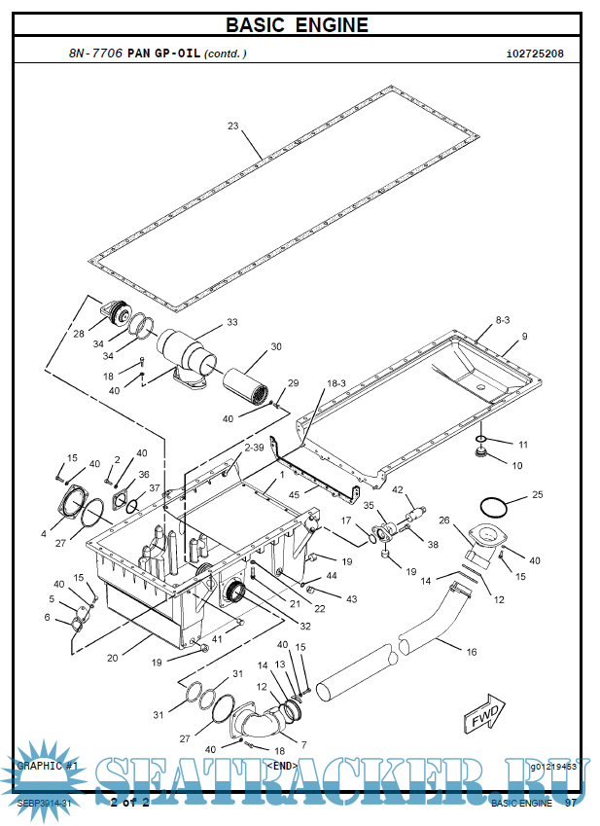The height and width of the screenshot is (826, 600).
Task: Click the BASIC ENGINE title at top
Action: pyautogui.click(x=298, y=25)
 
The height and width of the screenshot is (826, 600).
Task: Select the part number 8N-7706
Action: pyautogui.click(x=95, y=54)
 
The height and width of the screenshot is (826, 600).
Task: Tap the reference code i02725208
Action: pyautogui.click(x=535, y=54)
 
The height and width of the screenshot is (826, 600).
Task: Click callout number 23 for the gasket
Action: pyautogui.click(x=233, y=126)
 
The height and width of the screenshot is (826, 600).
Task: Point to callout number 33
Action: pyautogui.click(x=231, y=322)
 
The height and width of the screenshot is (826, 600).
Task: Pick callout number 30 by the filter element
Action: pyautogui.click(x=276, y=346)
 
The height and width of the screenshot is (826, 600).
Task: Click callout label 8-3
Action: pyautogui.click(x=503, y=320)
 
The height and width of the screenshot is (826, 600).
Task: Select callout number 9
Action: pyautogui.click(x=525, y=337)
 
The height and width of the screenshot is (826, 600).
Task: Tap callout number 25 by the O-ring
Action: pyautogui.click(x=538, y=495)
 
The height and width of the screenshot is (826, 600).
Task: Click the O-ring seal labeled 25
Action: pyautogui.click(x=493, y=508)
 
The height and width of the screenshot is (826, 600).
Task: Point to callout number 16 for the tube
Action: pyautogui.click(x=473, y=652)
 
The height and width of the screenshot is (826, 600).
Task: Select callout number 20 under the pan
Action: pyautogui.click(x=113, y=658)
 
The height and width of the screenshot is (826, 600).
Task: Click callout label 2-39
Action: pyautogui.click(x=254, y=448)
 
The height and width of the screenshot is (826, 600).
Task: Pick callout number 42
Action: pyautogui.click(x=398, y=490)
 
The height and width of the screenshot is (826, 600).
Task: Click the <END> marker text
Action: pyautogui.click(x=282, y=766)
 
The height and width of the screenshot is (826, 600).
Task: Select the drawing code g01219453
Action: pyautogui.click(x=553, y=767)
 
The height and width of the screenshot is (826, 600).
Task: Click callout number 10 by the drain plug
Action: pyautogui.click(x=517, y=466)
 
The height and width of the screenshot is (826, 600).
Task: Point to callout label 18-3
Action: pyautogui.click(x=336, y=384)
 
